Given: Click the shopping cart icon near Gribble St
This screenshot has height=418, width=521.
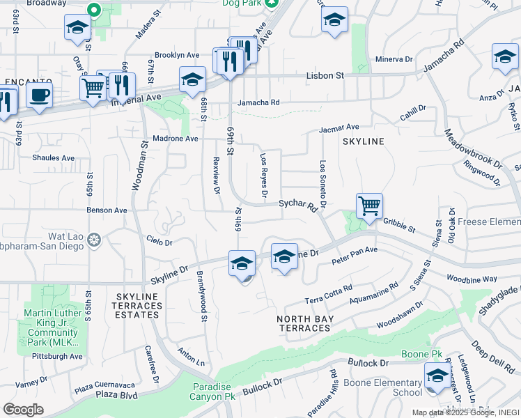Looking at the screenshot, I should [x=369, y=206].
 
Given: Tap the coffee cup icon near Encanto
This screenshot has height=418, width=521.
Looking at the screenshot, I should [x=40, y=96].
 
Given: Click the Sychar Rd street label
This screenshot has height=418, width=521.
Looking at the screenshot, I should [x=298, y=205].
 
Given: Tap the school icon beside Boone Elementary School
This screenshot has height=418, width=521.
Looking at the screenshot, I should [x=437, y=378].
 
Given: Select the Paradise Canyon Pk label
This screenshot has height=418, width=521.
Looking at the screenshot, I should [x=212, y=392].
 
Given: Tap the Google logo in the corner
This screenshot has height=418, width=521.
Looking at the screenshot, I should [x=23, y=410].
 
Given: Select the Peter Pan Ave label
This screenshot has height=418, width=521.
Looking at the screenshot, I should [x=354, y=255].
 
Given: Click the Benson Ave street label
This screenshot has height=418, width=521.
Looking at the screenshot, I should [x=107, y=210].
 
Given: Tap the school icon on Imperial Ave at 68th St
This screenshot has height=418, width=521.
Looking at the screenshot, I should [x=192, y=81].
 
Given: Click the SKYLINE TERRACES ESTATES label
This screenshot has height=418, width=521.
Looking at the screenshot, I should [x=137, y=305].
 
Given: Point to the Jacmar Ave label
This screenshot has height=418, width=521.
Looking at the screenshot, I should [x=339, y=127].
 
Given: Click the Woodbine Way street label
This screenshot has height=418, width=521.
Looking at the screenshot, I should [x=472, y=279].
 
